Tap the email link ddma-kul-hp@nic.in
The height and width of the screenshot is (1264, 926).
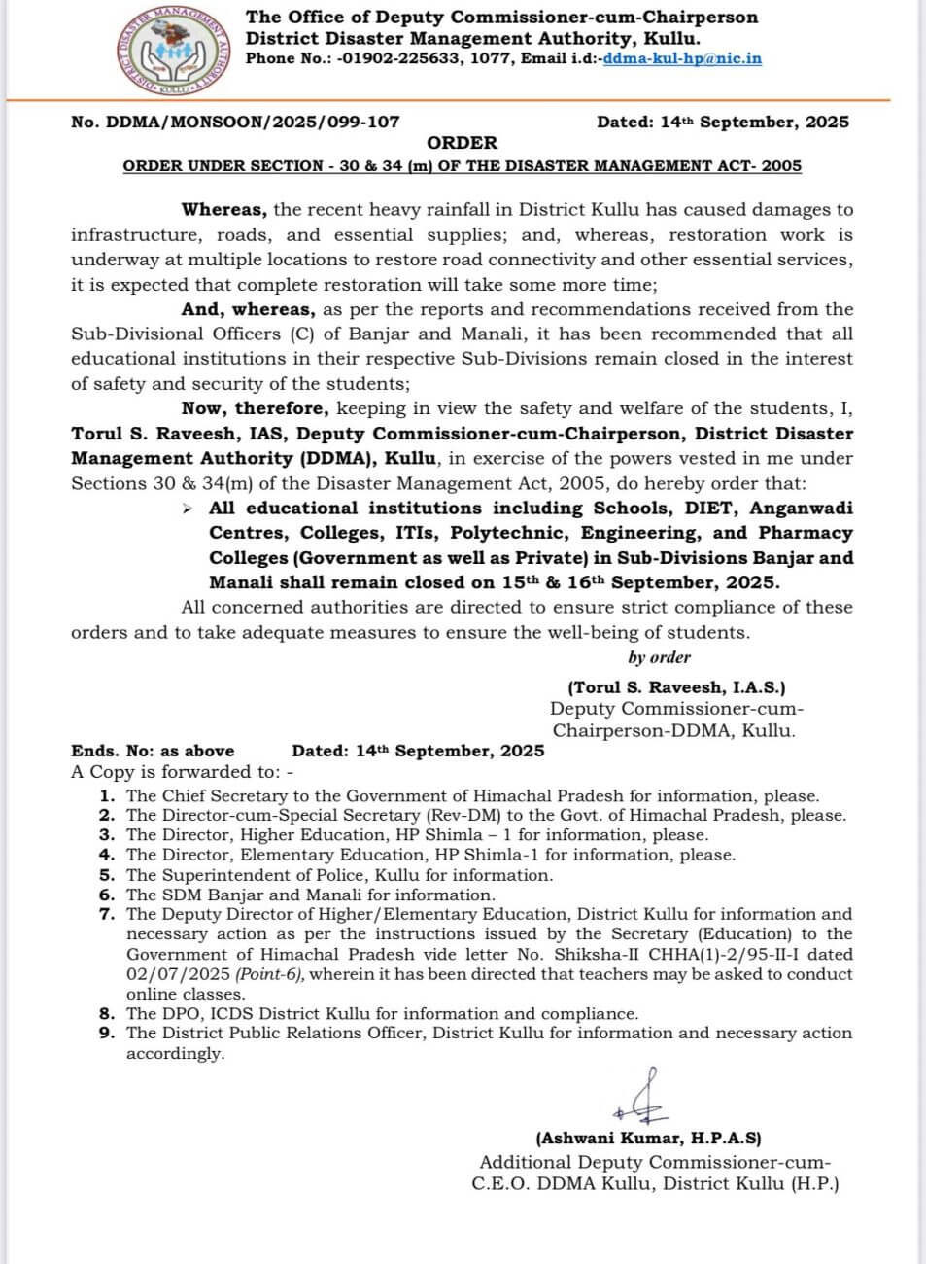tap(682, 58)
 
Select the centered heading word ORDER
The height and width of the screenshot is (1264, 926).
tap(462, 143)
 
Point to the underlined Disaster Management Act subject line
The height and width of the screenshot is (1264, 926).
tap(462, 166)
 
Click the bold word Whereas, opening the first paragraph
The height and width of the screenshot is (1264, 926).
tap(224, 209)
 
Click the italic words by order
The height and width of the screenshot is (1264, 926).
tap(659, 658)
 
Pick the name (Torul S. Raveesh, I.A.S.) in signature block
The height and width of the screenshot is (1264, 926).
tap(677, 687)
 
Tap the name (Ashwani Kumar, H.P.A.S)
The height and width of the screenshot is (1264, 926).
tap(648, 1138)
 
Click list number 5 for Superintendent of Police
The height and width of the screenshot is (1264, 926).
tap(107, 875)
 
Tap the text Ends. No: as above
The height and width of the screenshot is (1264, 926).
tap(153, 751)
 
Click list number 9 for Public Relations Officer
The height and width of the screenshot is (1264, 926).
tap(107, 1034)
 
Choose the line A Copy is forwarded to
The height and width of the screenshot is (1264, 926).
tap(182, 772)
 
